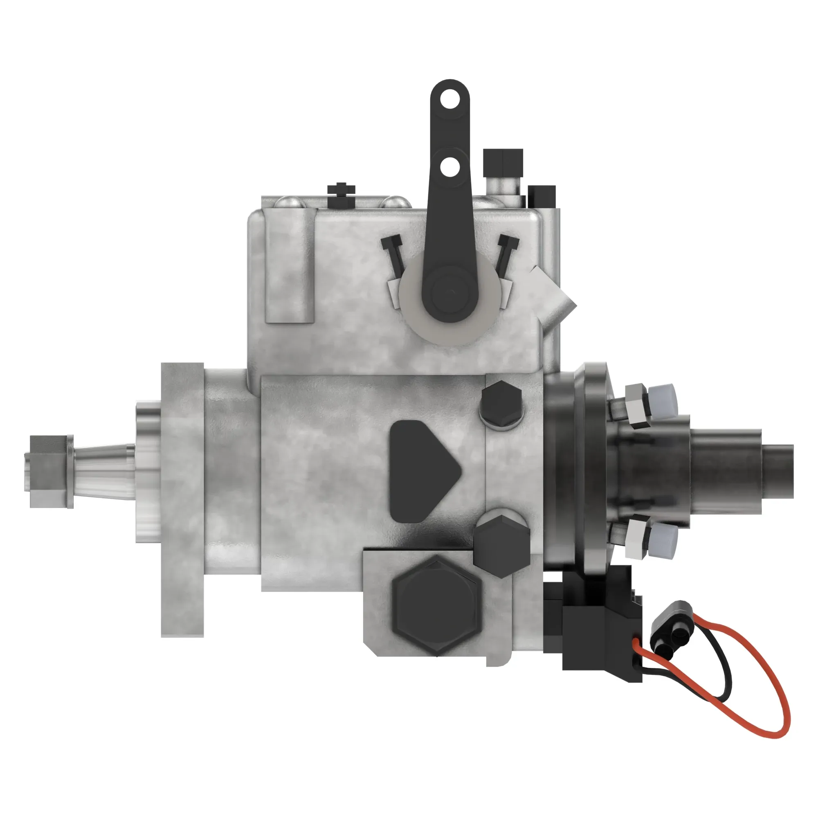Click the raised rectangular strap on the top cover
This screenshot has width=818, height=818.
click(x=290, y=267)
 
